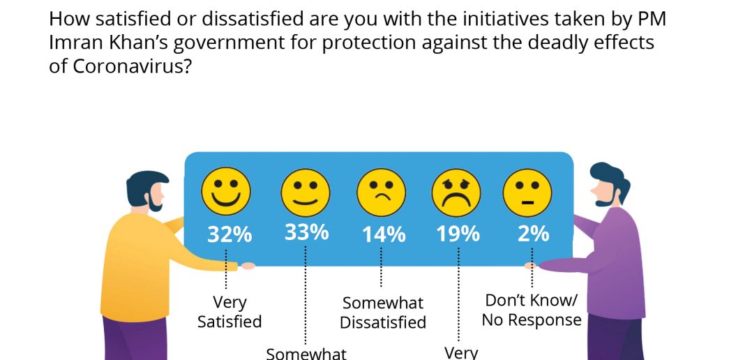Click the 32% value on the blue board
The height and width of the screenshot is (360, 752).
tap(230, 235)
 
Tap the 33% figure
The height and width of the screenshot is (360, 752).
tap(306, 232)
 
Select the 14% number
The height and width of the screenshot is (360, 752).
tap(384, 235)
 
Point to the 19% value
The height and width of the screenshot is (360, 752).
tap(458, 234)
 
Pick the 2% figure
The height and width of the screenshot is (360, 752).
tap(533, 234)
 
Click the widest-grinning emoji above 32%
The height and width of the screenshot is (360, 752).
tap(226, 191)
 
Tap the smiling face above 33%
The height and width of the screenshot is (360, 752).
tap(306, 193)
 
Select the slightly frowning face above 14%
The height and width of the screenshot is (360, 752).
tap(382, 193)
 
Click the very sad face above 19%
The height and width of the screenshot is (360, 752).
tap(456, 193)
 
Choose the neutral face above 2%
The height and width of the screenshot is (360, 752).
tap(527, 193)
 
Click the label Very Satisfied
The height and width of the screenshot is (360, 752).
tap(230, 312)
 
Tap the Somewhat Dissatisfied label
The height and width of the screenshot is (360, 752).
tap(383, 313)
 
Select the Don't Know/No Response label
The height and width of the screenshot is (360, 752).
tap(532, 310)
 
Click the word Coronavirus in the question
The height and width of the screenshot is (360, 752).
tap(128, 66)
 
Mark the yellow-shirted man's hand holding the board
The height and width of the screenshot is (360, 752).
tap(247, 266)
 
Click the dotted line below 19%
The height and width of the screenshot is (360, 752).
tap(458, 294)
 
